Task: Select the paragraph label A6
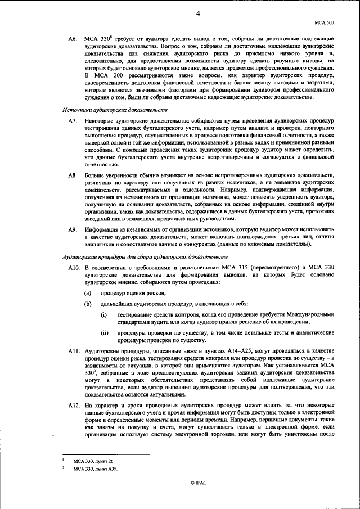tap(71, 38)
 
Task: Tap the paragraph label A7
tap(71, 121)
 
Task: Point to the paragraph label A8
tap(71, 175)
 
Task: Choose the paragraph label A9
tap(71, 230)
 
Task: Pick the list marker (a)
tap(88, 294)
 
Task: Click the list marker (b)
tap(88, 304)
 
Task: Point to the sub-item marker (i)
tap(103, 315)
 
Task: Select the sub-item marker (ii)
tap(104, 333)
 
